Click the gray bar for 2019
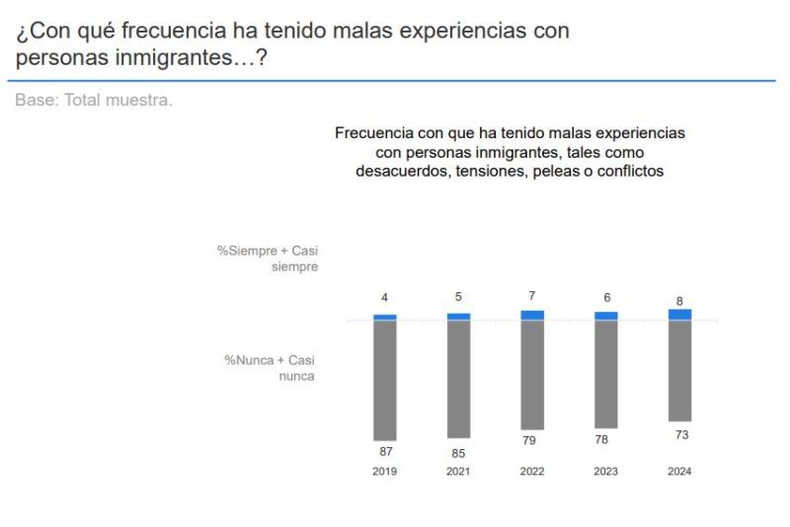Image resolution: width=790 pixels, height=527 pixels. tap(384, 381)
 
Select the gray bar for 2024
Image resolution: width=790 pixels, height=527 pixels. tap(679, 371)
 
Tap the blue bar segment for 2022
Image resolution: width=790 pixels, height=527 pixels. tap(532, 315)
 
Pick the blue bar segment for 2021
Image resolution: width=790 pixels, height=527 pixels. tap(458, 317)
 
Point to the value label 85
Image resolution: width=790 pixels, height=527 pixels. tap(458, 453)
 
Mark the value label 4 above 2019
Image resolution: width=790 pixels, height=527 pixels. tap(385, 297)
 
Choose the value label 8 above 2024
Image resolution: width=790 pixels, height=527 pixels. tap(679, 301)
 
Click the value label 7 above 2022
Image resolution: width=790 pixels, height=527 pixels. tap(532, 295)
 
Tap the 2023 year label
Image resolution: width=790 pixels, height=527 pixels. tap(605, 472)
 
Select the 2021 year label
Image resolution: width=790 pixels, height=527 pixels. tap(458, 472)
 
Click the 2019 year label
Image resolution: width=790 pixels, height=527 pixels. tap(384, 472)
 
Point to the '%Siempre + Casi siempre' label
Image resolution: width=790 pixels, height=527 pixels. tap(268, 260)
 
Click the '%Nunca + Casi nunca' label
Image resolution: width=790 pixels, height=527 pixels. tap(269, 368)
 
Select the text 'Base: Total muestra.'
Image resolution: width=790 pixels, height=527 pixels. tap(94, 101)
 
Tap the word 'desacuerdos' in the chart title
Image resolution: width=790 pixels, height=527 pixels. tap(396, 171)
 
